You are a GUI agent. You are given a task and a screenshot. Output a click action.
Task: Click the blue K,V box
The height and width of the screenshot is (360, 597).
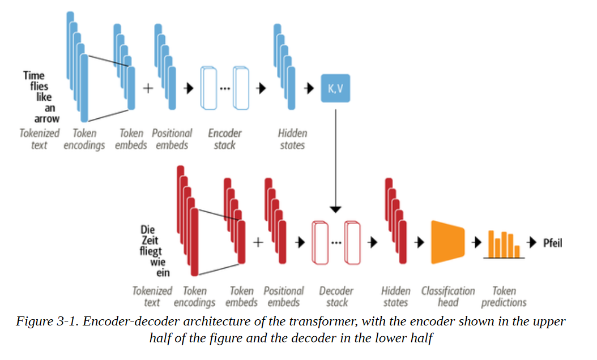(335, 88)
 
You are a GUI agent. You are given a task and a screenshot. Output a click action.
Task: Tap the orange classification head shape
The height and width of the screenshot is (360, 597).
(447, 242)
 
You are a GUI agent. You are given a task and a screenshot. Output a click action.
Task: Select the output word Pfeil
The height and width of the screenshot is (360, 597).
(552, 243)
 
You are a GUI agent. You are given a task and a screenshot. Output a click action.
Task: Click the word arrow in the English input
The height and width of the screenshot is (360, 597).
(47, 119)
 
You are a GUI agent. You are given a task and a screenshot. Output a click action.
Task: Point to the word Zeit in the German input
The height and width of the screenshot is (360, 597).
(150, 241)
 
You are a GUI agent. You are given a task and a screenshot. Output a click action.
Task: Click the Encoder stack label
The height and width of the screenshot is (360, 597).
(225, 139)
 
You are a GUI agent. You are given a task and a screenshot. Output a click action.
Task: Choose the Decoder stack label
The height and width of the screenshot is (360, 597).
(336, 297)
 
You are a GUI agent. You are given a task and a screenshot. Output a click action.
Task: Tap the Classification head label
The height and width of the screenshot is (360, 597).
(448, 297)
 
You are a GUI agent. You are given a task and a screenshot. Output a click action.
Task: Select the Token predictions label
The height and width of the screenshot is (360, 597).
(504, 297)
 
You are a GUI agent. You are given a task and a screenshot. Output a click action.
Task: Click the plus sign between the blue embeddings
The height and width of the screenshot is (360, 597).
(148, 88)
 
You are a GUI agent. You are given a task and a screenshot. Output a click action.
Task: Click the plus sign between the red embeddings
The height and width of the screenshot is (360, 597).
(258, 242)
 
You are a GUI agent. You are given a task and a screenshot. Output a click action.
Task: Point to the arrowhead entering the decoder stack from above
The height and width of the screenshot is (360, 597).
(335, 209)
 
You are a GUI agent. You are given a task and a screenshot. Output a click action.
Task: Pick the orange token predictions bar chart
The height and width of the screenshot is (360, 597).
(504, 245)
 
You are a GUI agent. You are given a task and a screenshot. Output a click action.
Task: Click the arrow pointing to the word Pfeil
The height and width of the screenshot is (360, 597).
(532, 242)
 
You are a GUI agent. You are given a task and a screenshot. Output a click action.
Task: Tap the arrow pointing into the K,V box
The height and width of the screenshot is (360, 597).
(309, 88)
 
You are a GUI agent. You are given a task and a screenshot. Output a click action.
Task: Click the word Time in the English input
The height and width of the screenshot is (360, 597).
(34, 75)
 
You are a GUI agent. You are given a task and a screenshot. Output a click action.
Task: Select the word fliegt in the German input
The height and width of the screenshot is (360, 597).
(151, 251)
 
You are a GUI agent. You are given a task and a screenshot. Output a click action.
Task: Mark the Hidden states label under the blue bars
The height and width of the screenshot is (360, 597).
(292, 139)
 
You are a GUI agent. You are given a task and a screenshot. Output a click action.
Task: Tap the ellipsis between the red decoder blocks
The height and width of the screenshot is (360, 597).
(336, 242)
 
